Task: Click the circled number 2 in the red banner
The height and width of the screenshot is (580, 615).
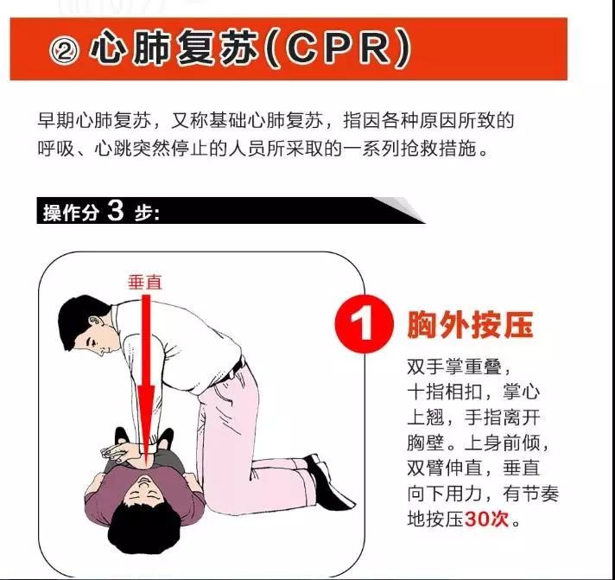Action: tap(65, 51)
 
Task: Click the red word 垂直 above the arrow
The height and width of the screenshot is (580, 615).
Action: tap(145, 282)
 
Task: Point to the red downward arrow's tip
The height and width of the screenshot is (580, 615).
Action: tap(146, 466)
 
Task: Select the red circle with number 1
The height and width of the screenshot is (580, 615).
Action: tap(364, 324)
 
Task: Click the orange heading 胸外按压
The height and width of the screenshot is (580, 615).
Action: tap(470, 325)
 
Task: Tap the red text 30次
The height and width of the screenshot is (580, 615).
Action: tap(486, 519)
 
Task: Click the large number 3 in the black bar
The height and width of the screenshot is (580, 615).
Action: tap(115, 211)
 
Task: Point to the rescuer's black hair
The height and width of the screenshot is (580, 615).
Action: tap(80, 318)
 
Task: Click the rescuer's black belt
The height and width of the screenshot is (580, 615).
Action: tap(235, 369)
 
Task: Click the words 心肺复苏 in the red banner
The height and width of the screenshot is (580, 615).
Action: tap(174, 50)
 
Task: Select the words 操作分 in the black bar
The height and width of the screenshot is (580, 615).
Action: tap(71, 213)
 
